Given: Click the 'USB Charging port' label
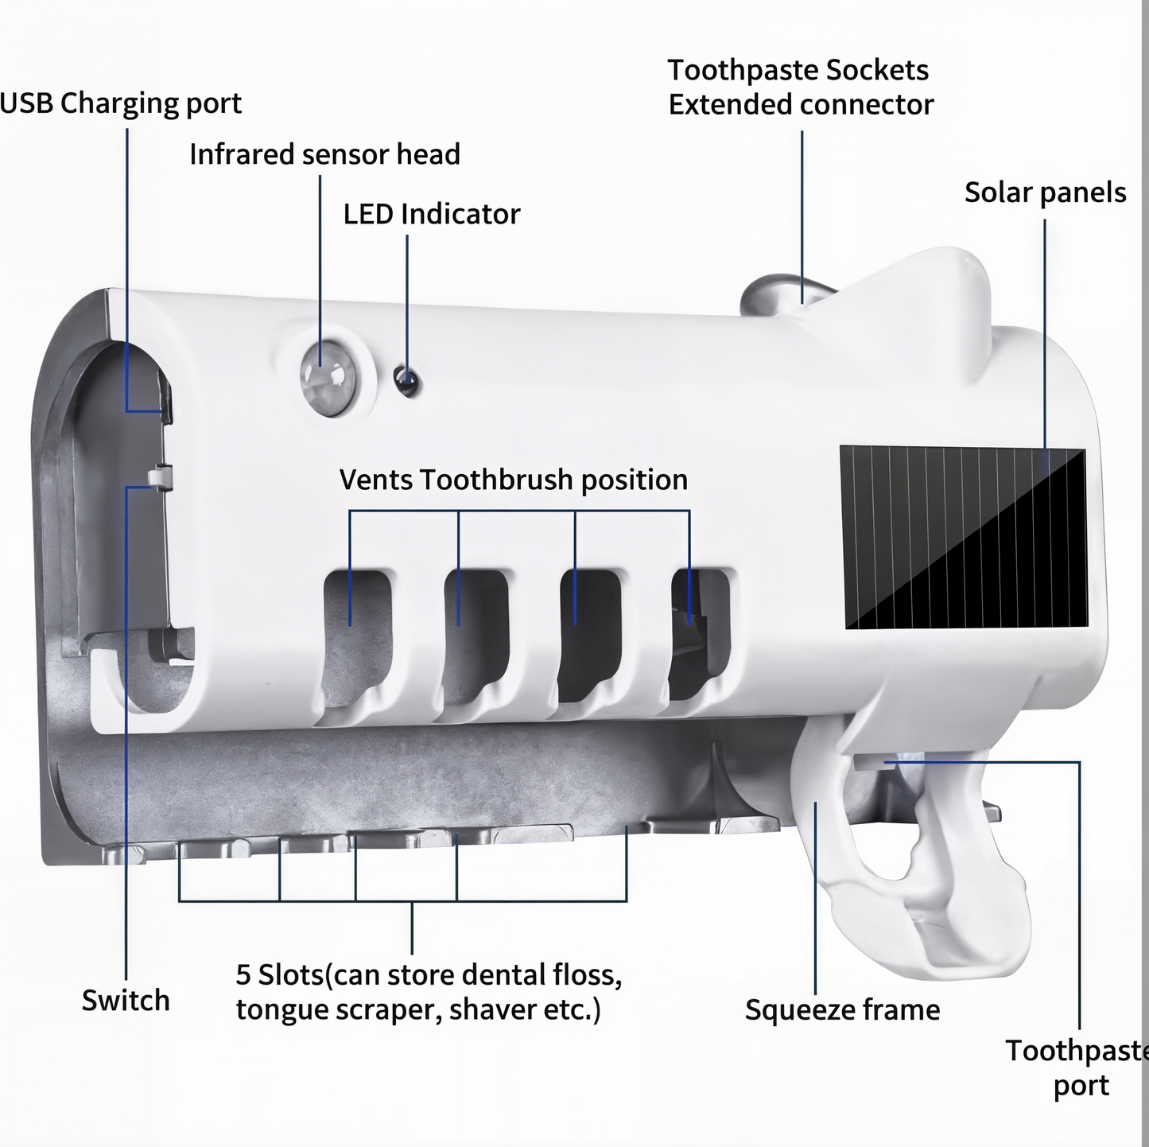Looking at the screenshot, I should click(121, 103).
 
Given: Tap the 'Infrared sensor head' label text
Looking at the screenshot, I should click(324, 154).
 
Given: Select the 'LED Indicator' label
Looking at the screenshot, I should click(431, 214).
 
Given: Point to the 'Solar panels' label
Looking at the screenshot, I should click(1045, 192).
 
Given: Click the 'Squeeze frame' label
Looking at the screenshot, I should click(842, 1009).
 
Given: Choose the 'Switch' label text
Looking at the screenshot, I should click(126, 1000).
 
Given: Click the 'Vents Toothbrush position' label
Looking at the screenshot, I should click(513, 480).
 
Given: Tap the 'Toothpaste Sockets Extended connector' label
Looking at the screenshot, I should click(800, 87).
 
